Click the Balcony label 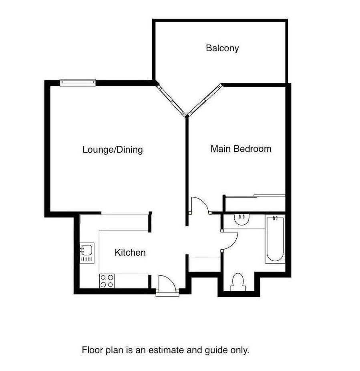point(222,48)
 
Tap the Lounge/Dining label point(113,149)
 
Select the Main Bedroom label point(241,149)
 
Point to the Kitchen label point(130,252)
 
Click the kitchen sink point(87,253)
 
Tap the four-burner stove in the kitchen point(107,281)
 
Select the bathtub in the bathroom point(275,239)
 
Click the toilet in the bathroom point(238,282)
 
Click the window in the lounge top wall point(78,83)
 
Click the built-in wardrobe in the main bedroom point(255,204)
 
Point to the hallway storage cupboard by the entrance point(205,264)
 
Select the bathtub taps point(275,218)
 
